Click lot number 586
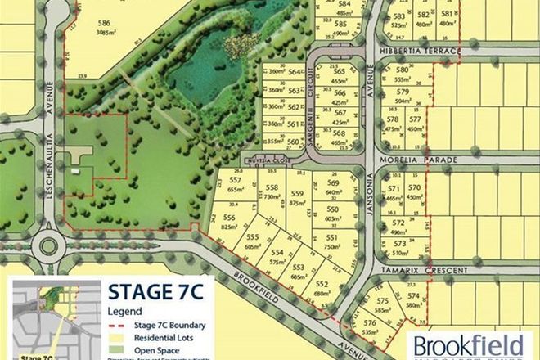click(104, 24)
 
